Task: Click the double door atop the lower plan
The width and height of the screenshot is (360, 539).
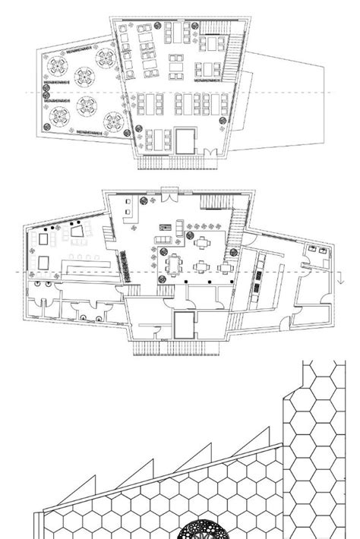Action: [169, 191]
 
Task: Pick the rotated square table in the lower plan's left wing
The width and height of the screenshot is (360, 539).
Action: [76, 229]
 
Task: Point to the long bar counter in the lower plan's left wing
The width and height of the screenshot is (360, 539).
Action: [89, 267]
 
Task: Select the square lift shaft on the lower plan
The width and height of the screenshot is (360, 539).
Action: [185, 328]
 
